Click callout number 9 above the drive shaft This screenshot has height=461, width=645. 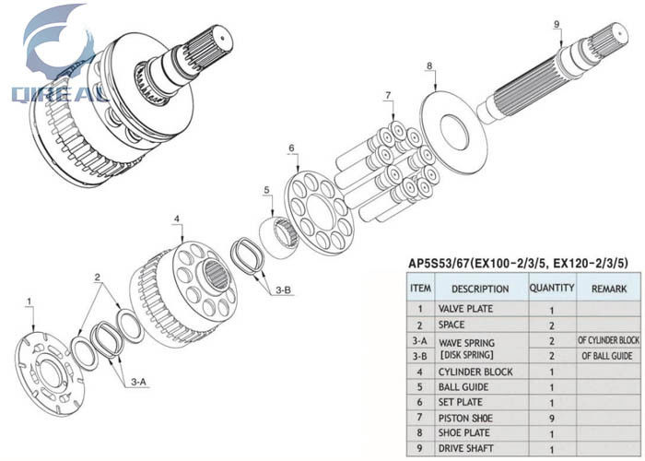tap(557, 25)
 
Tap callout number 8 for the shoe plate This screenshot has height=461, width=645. tap(429, 65)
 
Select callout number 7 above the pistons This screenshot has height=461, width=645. tap(388, 95)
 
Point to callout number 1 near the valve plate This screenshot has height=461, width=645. tap(29, 301)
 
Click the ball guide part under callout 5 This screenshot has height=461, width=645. tap(279, 231)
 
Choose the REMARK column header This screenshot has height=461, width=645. tap(608, 290)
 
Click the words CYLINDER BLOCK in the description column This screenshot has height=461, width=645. tap(475, 372)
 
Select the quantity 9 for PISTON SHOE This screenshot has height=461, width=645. tap(551, 417)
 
